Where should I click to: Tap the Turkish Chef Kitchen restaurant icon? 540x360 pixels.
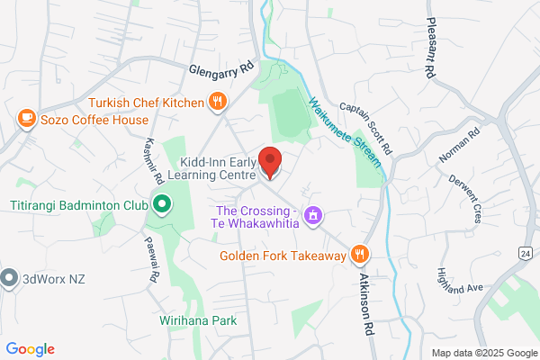pos(217,102)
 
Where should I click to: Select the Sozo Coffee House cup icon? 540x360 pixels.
pos(27,118)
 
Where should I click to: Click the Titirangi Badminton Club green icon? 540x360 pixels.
pos(161,204)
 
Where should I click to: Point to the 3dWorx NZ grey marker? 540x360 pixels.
pos(10,276)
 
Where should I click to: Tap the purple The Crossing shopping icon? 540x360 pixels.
pos(312,216)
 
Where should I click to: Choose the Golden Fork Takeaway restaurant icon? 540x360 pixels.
pos(360,255)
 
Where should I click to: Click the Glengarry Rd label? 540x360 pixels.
pos(222,69)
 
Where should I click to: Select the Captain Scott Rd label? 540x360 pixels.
pos(367,124)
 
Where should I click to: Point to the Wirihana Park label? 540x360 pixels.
pos(199,320)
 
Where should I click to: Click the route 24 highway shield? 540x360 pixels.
pos(526,255)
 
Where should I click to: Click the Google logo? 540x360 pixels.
pos(31,349)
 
